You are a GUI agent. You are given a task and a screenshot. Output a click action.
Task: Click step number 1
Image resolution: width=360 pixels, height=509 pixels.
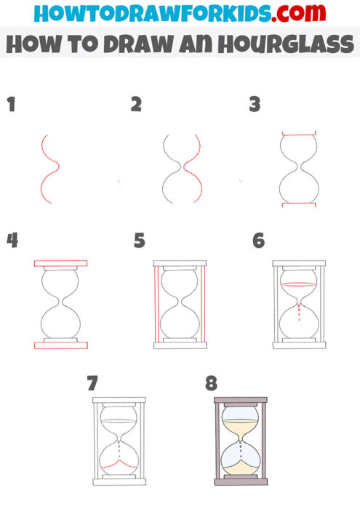(11, 105)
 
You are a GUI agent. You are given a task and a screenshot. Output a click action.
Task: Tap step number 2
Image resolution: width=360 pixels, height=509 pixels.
(136, 105)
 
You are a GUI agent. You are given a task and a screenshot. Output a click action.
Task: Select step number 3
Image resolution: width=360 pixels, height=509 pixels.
(255, 105)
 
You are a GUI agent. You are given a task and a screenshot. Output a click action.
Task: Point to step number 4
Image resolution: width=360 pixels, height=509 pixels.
(12, 240)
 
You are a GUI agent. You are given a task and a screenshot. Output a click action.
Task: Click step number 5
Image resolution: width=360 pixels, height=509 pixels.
(140, 240)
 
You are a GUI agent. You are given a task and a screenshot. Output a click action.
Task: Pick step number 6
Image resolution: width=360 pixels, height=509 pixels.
(259, 240)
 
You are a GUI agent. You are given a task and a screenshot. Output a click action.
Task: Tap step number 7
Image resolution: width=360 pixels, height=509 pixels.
(92, 382)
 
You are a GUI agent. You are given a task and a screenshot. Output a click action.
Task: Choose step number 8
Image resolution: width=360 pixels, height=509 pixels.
(211, 382)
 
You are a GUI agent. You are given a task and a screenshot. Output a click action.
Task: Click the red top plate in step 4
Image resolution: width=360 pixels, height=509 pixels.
(60, 262)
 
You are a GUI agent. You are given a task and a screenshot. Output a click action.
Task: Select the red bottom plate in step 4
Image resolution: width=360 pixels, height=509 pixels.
(60, 344)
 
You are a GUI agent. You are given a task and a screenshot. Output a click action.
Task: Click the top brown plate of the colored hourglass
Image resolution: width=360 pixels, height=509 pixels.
(239, 401)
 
